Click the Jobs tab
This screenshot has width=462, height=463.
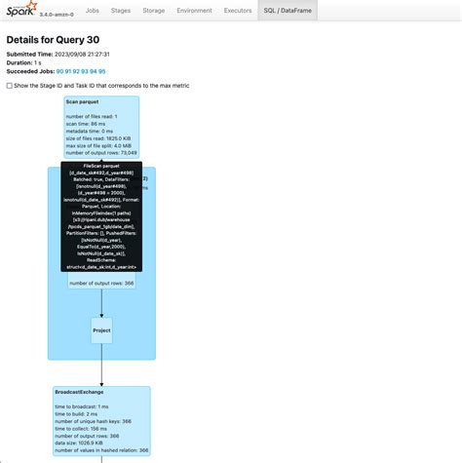point(93,10)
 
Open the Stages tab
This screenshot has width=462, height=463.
point(122,10)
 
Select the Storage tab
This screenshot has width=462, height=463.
point(154,10)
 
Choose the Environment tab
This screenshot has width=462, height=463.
point(194,10)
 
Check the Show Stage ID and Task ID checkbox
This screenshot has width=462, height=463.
point(10,86)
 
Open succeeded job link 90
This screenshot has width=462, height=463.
point(60,71)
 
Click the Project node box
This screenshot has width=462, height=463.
point(102,330)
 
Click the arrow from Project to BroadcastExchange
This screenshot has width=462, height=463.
point(102,366)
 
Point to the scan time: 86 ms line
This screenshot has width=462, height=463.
point(86,124)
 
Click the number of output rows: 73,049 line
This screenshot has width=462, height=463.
point(101,152)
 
